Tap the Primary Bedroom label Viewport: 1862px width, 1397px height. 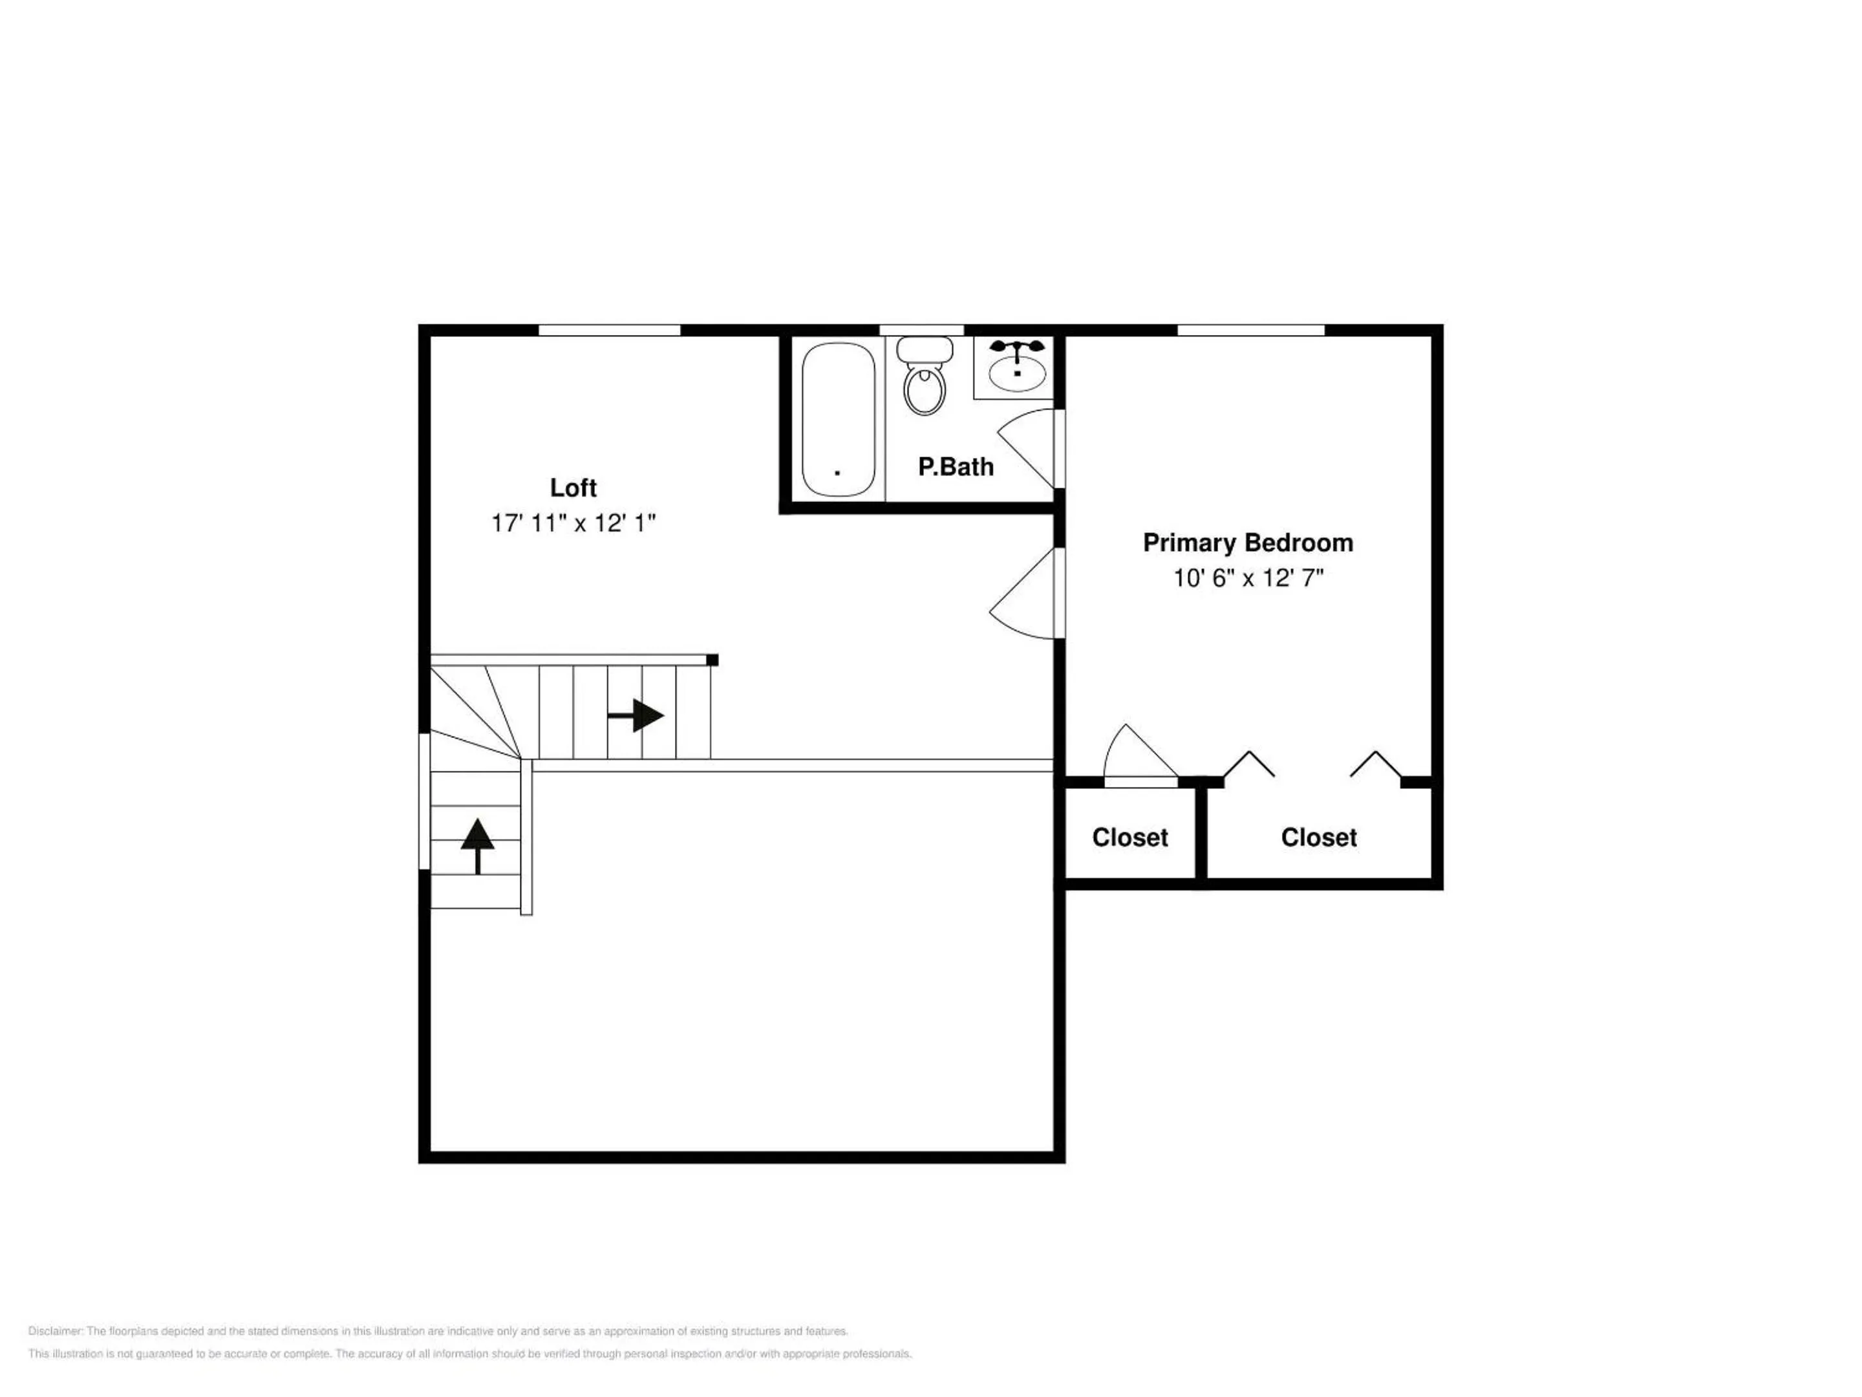coord(1248,543)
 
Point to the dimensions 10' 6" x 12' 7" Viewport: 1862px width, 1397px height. coord(1248,578)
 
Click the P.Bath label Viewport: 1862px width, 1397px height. coord(956,466)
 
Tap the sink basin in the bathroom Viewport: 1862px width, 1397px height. coord(1017,371)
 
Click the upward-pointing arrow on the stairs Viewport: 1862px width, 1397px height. coord(477,845)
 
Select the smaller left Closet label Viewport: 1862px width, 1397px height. coord(1129,837)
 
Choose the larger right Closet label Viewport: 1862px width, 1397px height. coord(1318,837)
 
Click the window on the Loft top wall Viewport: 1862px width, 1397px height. coord(608,330)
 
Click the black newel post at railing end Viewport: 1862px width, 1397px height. coord(712,660)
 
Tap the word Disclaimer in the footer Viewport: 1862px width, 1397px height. coord(56,1331)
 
